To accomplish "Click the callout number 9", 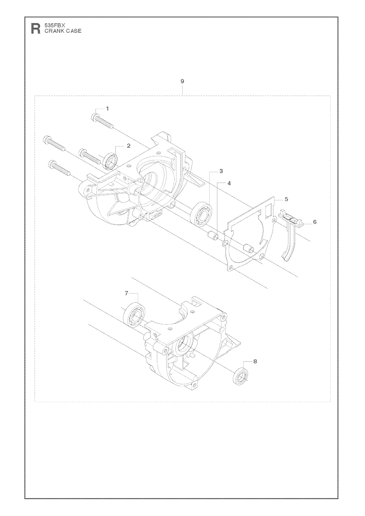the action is (x=182, y=81).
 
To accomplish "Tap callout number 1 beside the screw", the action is (x=107, y=108).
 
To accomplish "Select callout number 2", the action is (x=128, y=146).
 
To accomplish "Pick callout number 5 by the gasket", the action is (x=286, y=199).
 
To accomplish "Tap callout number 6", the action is (x=315, y=222).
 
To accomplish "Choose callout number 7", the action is (x=126, y=293).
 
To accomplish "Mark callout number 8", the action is (x=255, y=361).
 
